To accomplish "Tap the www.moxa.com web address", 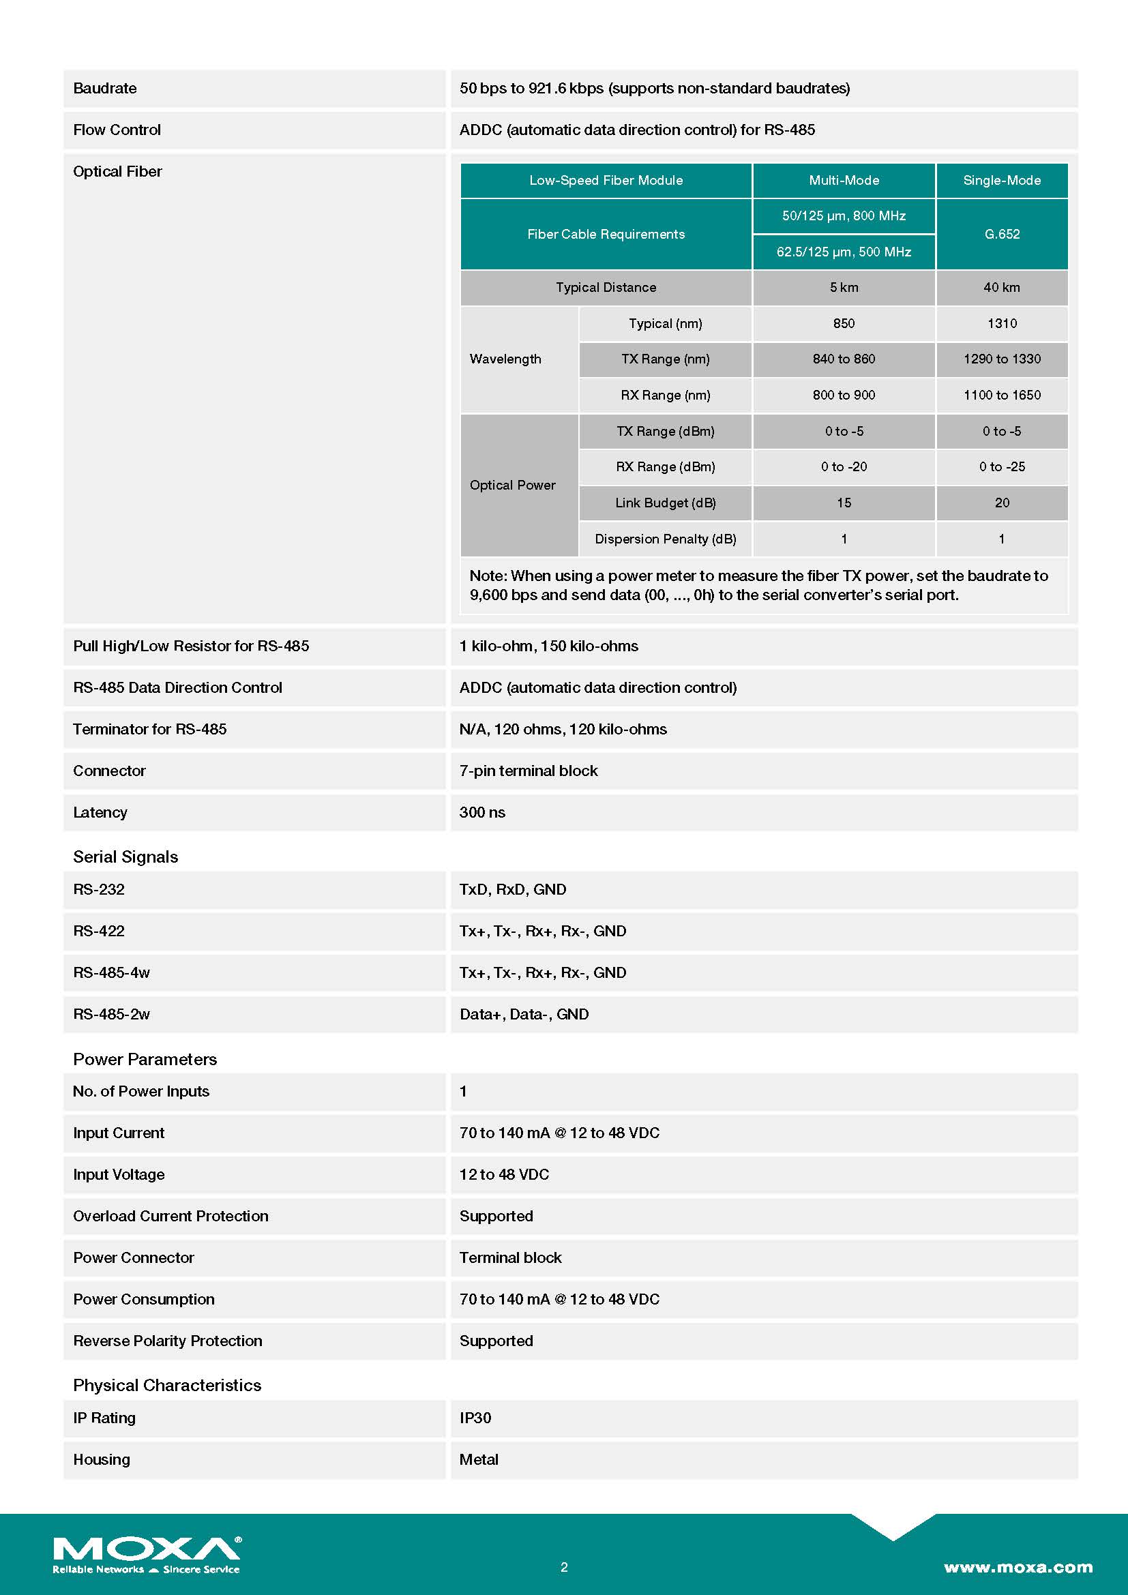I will pos(1018,1566).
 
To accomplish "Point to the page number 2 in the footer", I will pos(564,1567).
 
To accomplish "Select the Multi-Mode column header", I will pos(843,180).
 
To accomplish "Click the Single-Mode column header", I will pos(1001,180).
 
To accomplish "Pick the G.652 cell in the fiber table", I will pos(1002,234).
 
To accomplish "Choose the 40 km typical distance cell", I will pos(1001,287).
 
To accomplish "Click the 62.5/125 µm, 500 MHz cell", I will pos(843,252).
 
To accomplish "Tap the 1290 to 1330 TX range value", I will pos(1001,359).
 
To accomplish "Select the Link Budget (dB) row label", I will pos(665,503).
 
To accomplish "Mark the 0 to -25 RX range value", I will pos(1001,466).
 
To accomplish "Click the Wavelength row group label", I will pos(505,359).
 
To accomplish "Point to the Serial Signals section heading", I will pos(125,856).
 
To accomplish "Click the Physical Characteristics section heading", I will pos(167,1384).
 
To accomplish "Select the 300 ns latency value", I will pos(482,812).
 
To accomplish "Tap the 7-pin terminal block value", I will pos(528,771).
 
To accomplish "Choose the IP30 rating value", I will pos(475,1417).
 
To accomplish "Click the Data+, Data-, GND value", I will pos(524,1013).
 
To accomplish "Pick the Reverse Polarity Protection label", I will pos(167,1340).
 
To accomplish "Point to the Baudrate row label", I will pos(105,88).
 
